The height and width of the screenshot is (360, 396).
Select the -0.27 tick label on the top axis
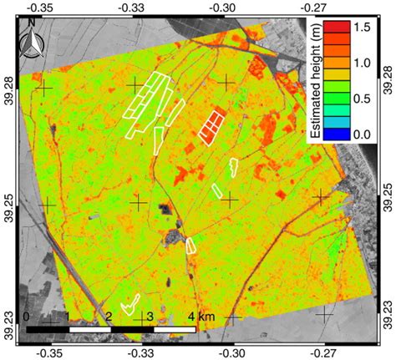[322, 8]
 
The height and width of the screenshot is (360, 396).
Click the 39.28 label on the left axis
[8, 85]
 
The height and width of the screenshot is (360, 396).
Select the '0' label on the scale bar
[28, 317]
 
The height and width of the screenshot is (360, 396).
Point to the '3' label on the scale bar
[149, 317]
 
